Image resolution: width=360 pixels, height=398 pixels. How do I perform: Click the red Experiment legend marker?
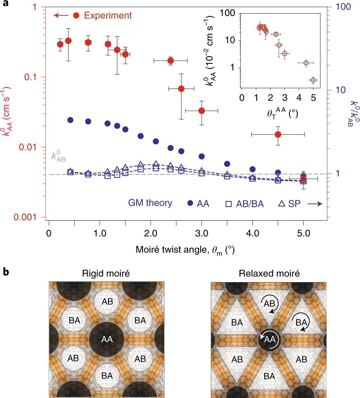click(77, 15)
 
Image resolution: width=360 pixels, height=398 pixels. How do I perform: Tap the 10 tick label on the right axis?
click(340, 90)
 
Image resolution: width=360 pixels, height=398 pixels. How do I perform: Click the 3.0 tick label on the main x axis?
click(202, 233)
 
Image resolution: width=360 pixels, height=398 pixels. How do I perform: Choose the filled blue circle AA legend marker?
click(190, 204)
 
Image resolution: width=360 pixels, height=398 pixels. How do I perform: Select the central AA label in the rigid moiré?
click(107, 339)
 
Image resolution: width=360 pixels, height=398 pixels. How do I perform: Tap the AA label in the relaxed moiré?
click(269, 339)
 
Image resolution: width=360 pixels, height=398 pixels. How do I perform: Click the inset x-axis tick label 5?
click(313, 97)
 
